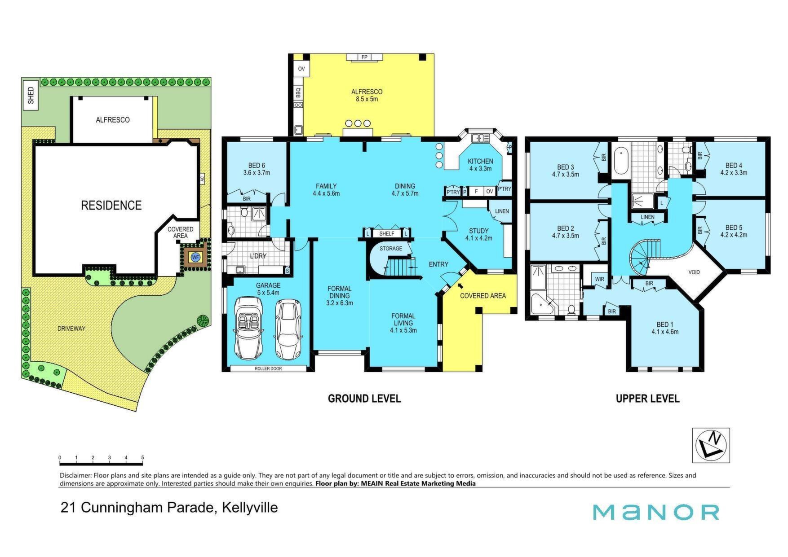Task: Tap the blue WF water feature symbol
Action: click(195, 258)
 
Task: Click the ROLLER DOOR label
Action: click(268, 368)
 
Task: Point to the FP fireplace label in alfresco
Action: click(364, 57)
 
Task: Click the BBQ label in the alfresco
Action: click(298, 92)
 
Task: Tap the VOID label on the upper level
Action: click(694, 272)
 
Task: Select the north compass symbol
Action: click(711, 445)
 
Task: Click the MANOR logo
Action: click(656, 512)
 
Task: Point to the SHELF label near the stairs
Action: click(387, 234)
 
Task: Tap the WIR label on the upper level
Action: click(599, 279)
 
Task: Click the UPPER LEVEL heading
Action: click(647, 399)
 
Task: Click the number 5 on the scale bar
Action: click(143, 458)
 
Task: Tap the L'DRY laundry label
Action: click(258, 256)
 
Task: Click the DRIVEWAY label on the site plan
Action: click(71, 329)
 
